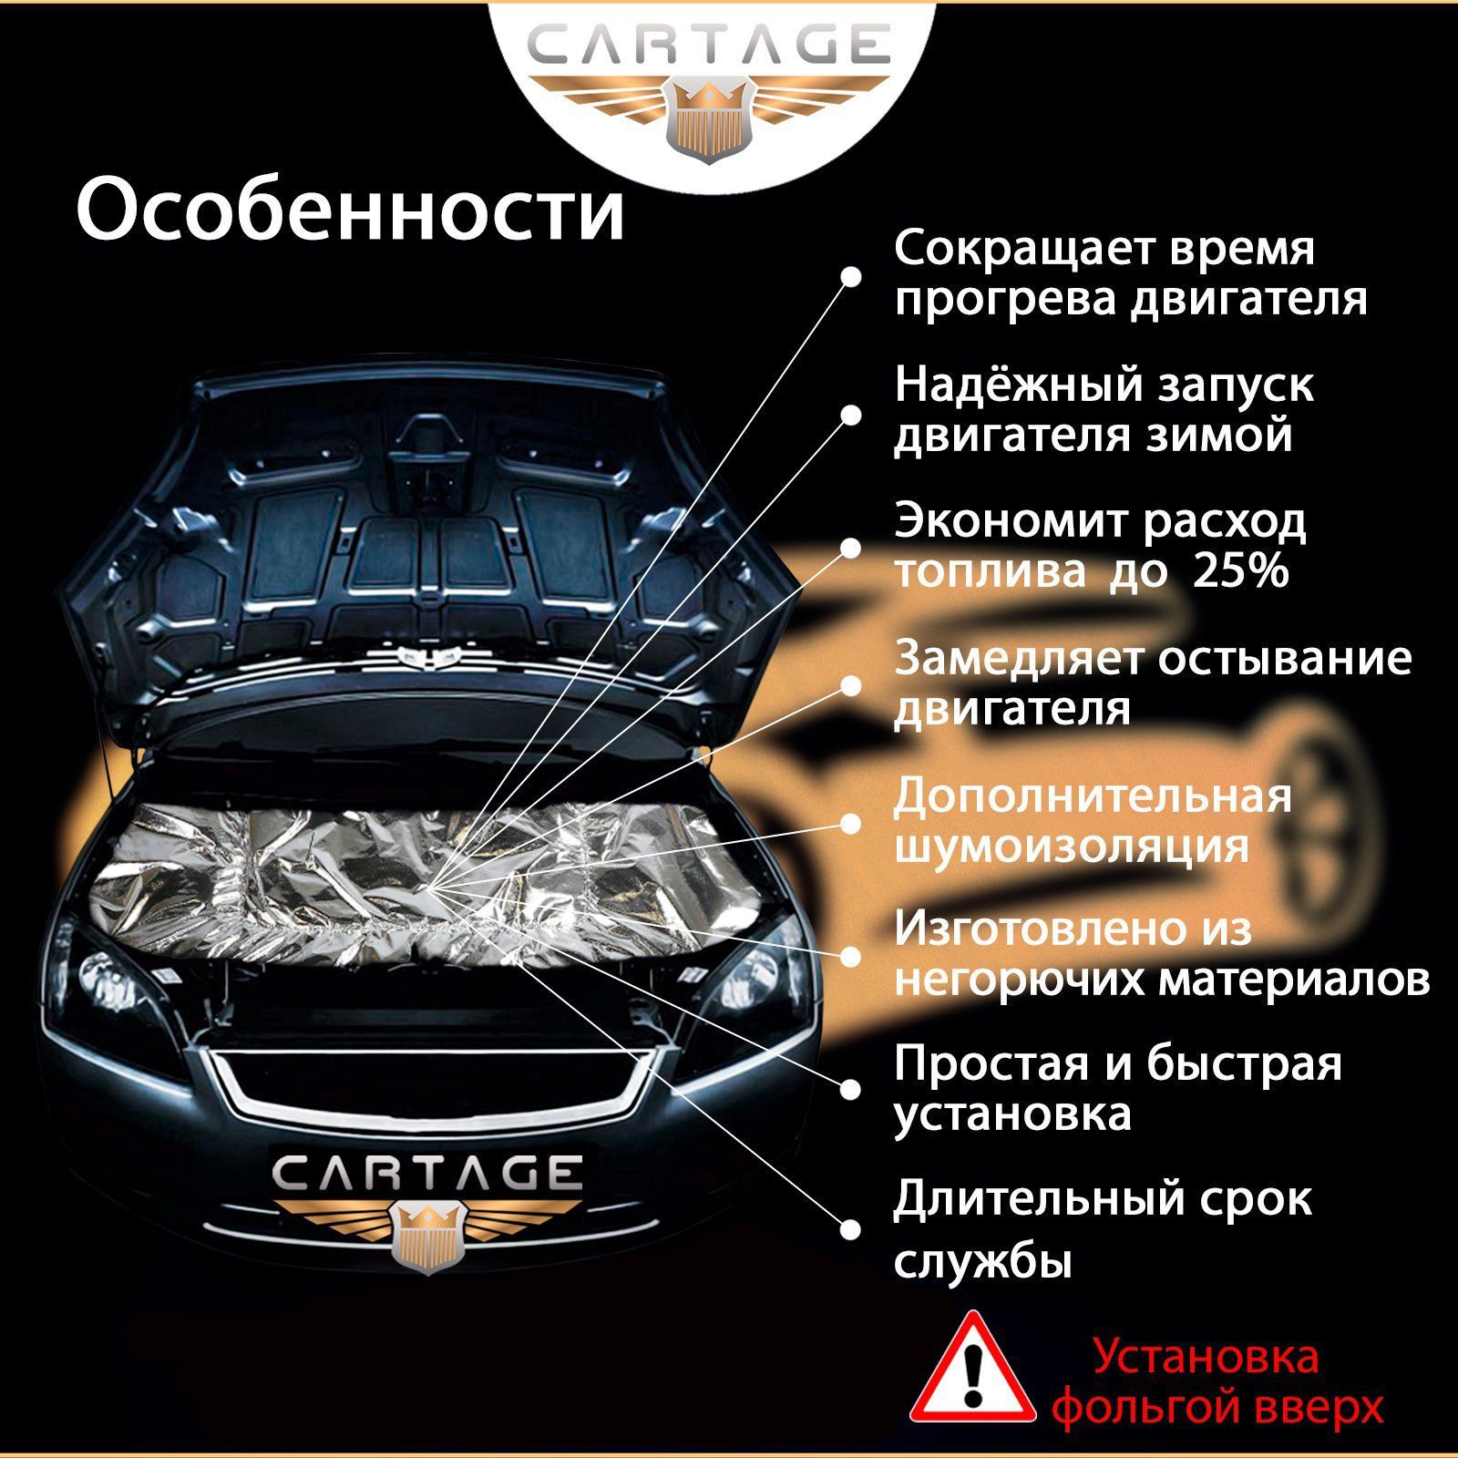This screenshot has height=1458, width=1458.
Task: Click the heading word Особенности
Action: (351, 210)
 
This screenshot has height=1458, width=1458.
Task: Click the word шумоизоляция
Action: (1072, 846)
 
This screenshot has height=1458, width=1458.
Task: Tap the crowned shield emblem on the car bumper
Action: (427, 1234)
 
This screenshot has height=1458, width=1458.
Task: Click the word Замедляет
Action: (1021, 659)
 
